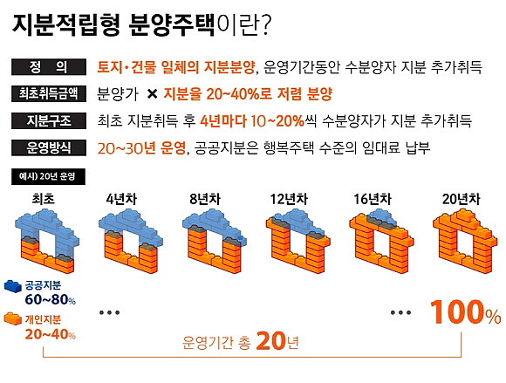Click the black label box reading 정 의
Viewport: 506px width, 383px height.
tap(49, 67)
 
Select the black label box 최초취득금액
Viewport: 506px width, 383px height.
tap(49, 94)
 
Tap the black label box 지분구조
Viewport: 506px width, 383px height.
tap(49, 121)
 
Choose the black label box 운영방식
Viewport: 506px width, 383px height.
tap(49, 147)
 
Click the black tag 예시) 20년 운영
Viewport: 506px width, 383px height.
tap(48, 176)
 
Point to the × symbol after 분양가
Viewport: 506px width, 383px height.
tap(152, 94)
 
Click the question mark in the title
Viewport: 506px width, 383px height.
tap(263, 24)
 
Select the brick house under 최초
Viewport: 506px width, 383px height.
tap(47, 241)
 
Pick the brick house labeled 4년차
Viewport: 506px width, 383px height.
tap(130, 241)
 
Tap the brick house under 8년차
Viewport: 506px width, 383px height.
tap(215, 241)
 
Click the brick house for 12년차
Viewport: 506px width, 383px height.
tap(297, 241)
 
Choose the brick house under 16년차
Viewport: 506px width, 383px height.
tap(381, 241)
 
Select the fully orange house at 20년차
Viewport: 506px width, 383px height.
tap(465, 241)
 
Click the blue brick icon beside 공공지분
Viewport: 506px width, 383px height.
tap(13, 286)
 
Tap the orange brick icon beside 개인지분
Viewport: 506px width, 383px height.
tap(13, 319)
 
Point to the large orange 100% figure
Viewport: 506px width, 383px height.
tap(466, 312)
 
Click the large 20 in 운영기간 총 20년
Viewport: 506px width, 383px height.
tap(270, 341)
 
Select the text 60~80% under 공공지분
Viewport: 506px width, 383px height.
tap(51, 300)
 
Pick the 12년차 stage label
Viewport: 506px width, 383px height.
tap(289, 199)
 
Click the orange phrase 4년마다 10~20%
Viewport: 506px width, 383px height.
tap(252, 121)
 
